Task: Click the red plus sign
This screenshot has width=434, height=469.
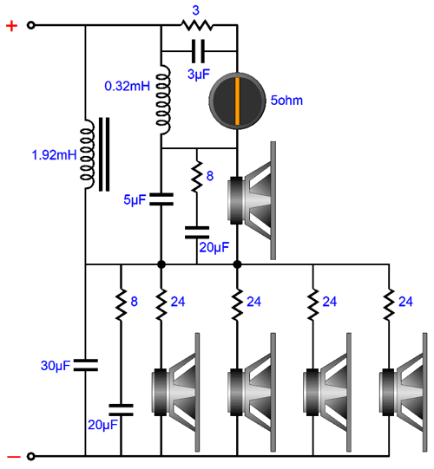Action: tap(11, 26)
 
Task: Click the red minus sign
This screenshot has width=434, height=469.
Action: tap(14, 457)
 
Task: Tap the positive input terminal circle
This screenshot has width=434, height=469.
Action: tap(31, 25)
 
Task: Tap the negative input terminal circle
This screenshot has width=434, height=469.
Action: tap(31, 457)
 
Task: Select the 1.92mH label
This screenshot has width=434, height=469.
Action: tap(54, 155)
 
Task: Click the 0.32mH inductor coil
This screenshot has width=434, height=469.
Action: tap(163, 101)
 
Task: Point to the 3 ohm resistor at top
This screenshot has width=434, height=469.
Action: tap(197, 25)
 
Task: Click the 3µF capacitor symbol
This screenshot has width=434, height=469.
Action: tap(198, 51)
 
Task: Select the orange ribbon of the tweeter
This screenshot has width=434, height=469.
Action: tap(237, 101)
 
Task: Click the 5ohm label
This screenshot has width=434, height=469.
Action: tap(286, 101)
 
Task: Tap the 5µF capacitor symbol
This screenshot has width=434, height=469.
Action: tap(161, 199)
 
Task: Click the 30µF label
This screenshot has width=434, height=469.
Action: tap(56, 366)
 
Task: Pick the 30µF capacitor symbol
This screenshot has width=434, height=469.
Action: tap(86, 365)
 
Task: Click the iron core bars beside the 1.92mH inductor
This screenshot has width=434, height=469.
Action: tap(104, 154)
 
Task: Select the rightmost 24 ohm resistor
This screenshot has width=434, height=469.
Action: tap(390, 304)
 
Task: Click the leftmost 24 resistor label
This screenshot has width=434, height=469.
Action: tap(178, 302)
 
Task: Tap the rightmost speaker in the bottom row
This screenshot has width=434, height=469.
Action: tap(404, 392)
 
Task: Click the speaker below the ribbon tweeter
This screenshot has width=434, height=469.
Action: tap(252, 200)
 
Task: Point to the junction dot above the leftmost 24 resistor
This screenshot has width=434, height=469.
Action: tap(161, 264)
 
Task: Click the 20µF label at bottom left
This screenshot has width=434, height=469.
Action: tap(102, 425)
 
